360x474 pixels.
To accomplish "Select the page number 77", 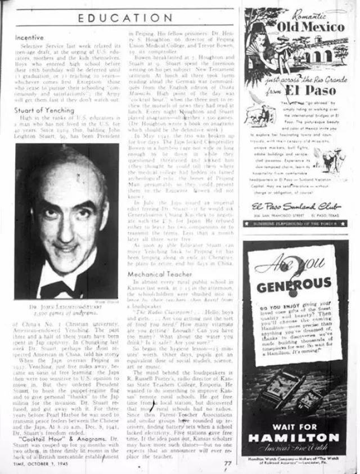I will [x=227, y=463].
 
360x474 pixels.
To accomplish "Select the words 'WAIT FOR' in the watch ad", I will [x=295, y=426].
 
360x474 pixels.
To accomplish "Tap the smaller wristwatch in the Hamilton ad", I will [x=310, y=398].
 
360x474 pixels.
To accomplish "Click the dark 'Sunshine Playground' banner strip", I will [x=295, y=223].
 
